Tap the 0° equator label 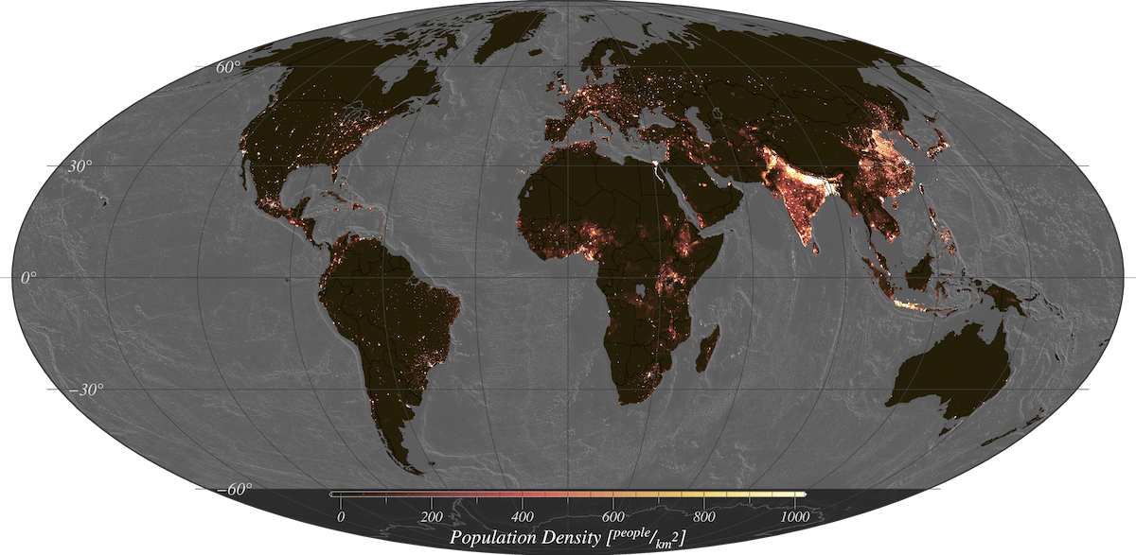29,278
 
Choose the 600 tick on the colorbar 612,516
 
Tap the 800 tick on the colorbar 703,516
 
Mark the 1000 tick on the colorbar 793,516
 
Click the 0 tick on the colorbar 341,516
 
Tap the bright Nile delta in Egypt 654,168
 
